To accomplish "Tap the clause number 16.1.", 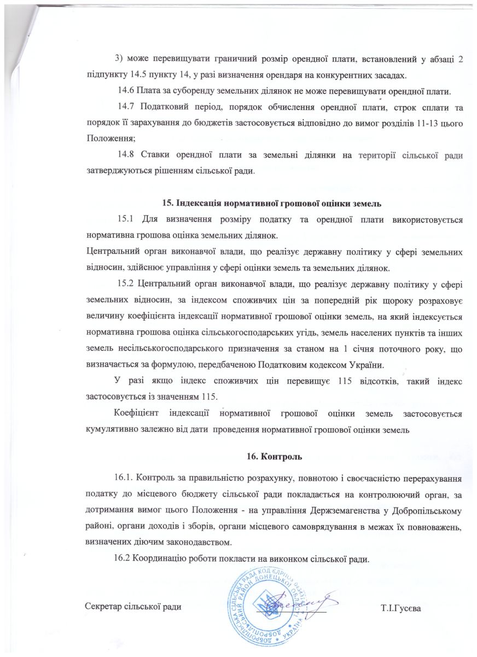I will coord(127,477).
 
